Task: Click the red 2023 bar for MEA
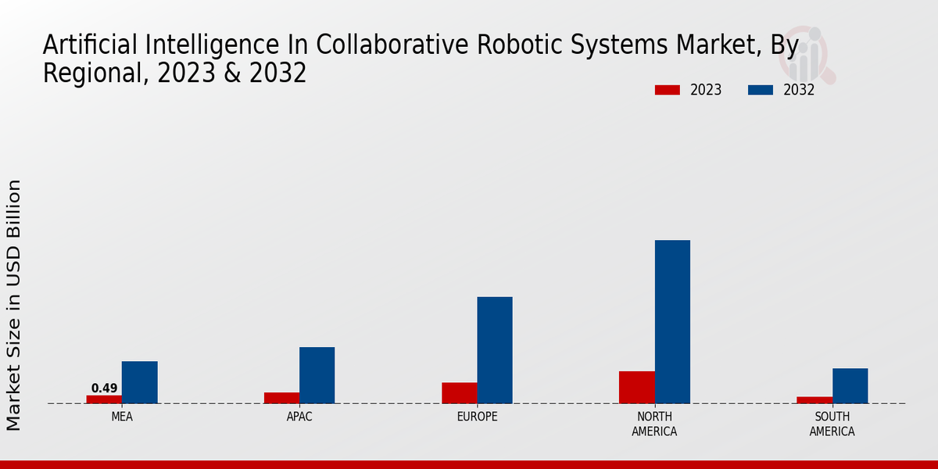104,399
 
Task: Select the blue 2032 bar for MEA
139,382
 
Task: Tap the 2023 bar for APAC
281,398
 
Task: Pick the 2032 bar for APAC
317,375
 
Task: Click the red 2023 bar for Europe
459,393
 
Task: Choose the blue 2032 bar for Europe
495,350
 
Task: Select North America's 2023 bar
636,388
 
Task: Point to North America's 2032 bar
672,322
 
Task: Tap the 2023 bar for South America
814,400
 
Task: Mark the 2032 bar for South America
850,386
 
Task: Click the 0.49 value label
104,388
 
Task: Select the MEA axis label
122,417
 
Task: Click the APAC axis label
299,417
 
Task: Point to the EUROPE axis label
477,417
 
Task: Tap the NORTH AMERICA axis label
654,424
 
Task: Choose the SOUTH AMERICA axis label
832,424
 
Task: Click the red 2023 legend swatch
667,90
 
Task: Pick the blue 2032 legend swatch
761,90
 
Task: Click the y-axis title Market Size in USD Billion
14,305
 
